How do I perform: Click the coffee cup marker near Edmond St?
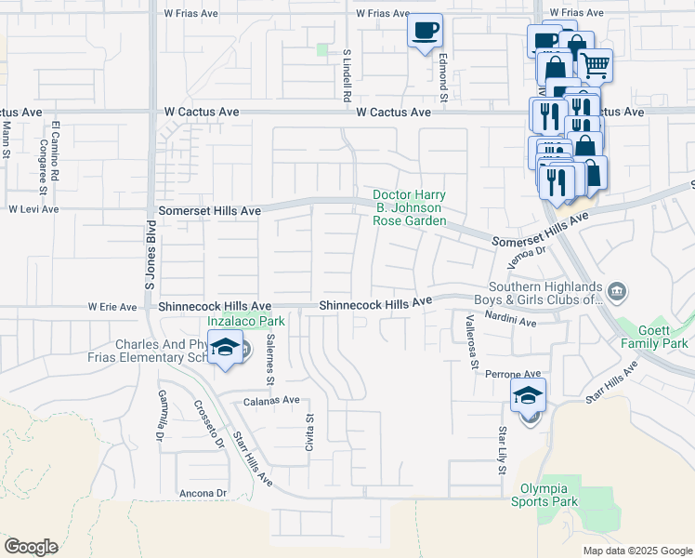[425, 31]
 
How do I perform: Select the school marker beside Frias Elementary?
[224, 349]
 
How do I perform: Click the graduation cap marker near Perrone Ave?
[528, 395]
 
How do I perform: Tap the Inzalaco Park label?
[245, 321]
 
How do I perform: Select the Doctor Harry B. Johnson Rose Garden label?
[410, 208]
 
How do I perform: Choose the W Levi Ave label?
[33, 209]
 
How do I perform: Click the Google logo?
[31, 547]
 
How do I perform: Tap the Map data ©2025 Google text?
[636, 551]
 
